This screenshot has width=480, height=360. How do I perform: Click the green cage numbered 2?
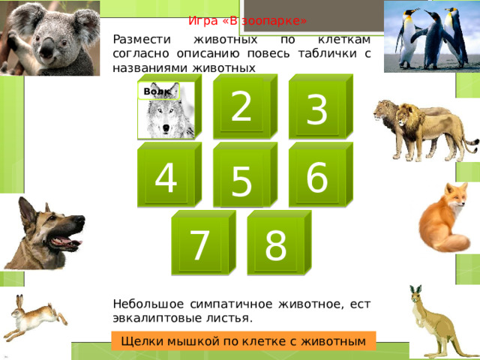coord(245,106)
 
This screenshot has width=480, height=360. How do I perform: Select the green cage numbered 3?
coord(321,106)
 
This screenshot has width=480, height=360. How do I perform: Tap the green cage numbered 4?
coord(169,175)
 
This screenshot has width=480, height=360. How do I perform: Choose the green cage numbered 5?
coord(245,175)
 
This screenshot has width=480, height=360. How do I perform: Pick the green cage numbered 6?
coord(321,175)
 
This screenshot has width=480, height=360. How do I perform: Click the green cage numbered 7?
coord(203,242)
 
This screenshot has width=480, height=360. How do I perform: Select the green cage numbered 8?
coord(279,242)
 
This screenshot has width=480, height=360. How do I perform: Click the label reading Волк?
coord(158,91)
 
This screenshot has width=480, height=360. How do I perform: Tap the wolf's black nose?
coord(166,127)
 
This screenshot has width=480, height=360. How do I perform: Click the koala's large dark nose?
coord(47,48)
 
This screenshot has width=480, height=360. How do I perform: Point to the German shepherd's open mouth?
coord(65,241)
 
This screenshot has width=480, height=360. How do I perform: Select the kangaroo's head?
coord(417,295)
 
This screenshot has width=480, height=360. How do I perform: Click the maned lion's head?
coord(409,116)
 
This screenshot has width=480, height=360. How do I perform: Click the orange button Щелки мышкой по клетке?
coord(243,340)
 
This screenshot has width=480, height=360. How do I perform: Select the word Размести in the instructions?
coord(142,40)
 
